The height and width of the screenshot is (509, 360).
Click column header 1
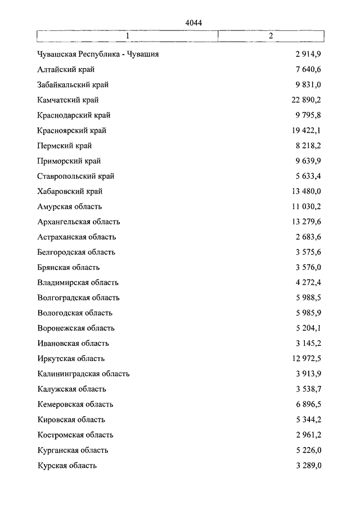coord(128,36)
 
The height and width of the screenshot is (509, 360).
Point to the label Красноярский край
coord(71,130)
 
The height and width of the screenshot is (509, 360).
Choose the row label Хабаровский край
coord(70,191)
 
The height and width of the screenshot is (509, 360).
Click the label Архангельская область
coord(79,222)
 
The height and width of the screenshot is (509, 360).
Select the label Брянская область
coord(69,267)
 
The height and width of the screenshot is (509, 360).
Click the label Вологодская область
coord(75,313)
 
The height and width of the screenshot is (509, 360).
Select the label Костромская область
coord(75,435)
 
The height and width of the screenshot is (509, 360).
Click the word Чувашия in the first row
coord(143,55)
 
